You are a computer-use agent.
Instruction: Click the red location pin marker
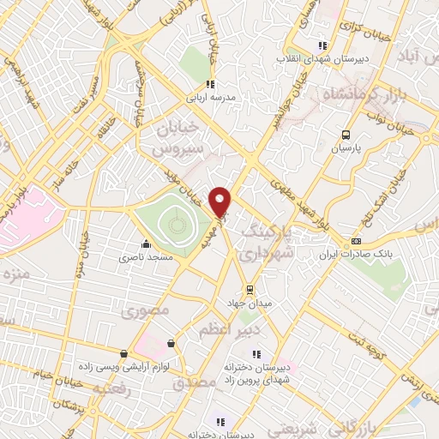tap(221, 202)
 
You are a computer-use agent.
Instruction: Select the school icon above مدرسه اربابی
tap(210, 84)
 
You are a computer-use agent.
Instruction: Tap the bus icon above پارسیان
tap(346, 135)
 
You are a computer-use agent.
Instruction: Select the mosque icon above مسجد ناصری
tap(147, 243)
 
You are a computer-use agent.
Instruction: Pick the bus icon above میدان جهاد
tap(250, 289)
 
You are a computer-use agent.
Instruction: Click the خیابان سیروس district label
tap(181, 138)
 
